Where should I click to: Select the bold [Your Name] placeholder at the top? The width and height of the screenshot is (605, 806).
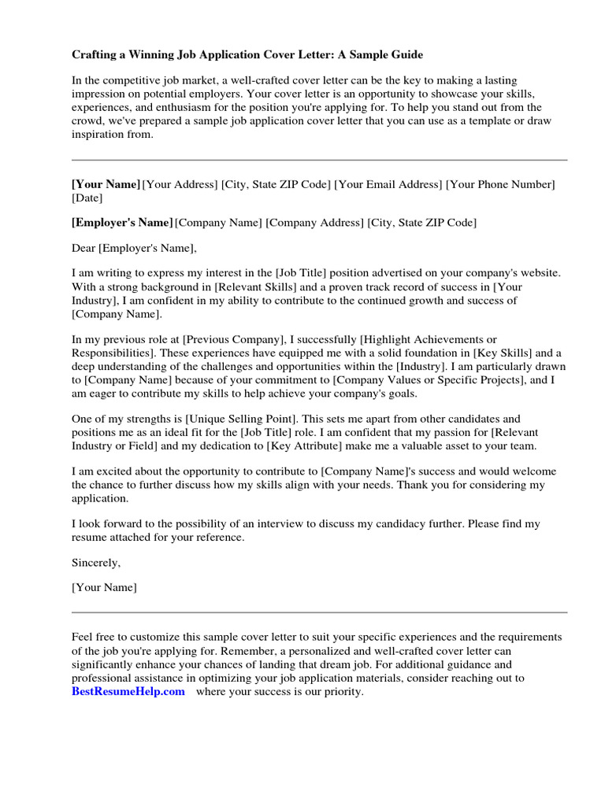tap(106, 184)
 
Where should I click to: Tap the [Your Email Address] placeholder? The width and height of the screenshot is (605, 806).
tap(388, 184)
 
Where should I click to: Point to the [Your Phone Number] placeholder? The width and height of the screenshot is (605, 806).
tap(500, 184)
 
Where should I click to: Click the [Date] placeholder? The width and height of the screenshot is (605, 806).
tap(87, 198)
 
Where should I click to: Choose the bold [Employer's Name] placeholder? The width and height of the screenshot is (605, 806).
tap(122, 223)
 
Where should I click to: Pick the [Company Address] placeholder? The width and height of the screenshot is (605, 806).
tap(314, 223)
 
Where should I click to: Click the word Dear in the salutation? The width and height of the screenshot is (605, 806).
tap(83, 248)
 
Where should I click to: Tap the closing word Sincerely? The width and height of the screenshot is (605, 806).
tap(96, 563)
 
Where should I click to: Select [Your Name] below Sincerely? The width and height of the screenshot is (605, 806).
tap(104, 587)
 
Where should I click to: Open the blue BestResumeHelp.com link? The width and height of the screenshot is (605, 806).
tap(128, 692)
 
